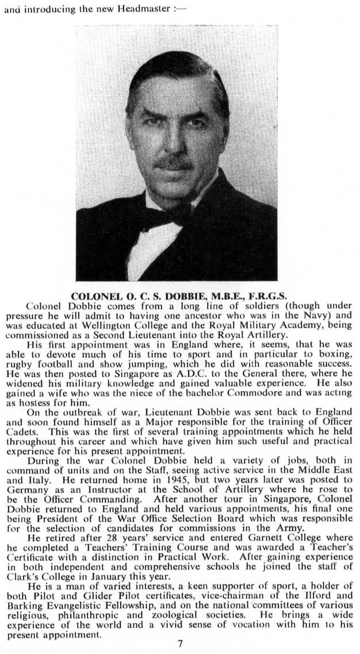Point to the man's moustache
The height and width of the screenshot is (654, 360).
173,163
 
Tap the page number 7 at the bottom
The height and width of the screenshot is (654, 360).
180,643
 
